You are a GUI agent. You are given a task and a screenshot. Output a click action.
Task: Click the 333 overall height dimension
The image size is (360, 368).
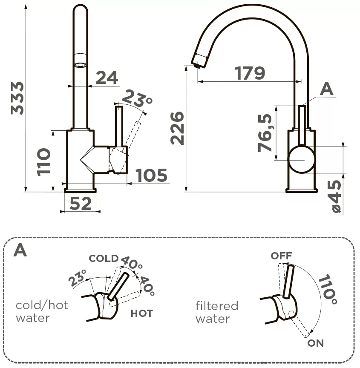(x=17, y=98)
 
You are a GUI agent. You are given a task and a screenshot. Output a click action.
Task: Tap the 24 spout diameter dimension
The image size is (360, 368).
(x=107, y=78)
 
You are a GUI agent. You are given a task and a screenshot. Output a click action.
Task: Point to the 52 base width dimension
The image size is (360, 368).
(x=81, y=204)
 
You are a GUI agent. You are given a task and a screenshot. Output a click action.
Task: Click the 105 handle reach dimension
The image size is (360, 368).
(x=151, y=175)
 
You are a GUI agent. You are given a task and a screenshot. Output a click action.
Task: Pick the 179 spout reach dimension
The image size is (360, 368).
(x=250, y=73)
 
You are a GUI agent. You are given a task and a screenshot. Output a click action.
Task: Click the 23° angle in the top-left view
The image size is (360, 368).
(x=137, y=100)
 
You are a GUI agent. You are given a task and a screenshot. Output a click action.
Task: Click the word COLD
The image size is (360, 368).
(x=103, y=259)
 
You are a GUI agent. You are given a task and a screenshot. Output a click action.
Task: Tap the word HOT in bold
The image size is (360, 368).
(x=141, y=313)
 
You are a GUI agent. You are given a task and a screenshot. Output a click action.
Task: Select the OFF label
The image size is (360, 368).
(x=281, y=256)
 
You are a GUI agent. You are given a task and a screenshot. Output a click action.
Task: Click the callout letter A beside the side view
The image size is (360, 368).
(x=326, y=89)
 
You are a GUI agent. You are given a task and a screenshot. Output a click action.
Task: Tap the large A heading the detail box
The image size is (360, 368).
(x=20, y=250)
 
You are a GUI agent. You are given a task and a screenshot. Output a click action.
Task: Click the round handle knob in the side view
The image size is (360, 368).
(x=302, y=159)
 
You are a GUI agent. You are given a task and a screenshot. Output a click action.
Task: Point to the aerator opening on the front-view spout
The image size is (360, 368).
(x=80, y=65)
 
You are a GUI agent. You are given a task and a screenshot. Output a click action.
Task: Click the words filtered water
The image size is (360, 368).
(x=217, y=312)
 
